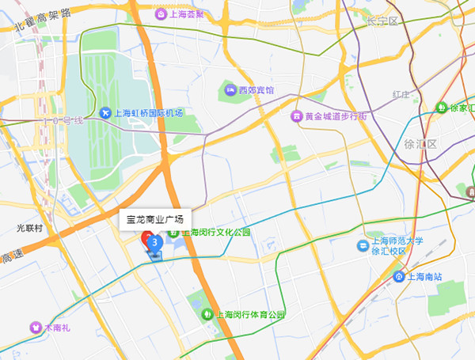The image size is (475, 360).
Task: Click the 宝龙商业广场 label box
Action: click(155, 219)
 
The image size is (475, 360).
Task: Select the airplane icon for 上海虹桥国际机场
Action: click(105, 113)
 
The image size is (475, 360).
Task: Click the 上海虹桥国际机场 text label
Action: click(149, 113)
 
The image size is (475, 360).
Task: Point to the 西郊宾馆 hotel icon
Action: click(231, 90)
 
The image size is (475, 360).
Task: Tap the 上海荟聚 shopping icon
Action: click(161, 14)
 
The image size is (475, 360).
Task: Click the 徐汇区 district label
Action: click(420, 144)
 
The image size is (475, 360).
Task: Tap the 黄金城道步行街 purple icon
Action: click(297, 116)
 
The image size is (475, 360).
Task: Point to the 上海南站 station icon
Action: click(399, 277)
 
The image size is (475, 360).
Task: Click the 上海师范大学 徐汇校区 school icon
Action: click(361, 245)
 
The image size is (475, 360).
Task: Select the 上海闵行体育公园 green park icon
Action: click(207, 314)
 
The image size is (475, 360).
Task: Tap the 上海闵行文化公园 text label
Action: click(216, 233)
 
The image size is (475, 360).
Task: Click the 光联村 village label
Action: click(29, 227)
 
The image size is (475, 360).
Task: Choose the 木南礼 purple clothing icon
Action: click(36, 326)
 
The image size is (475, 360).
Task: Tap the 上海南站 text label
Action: click(426, 277)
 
